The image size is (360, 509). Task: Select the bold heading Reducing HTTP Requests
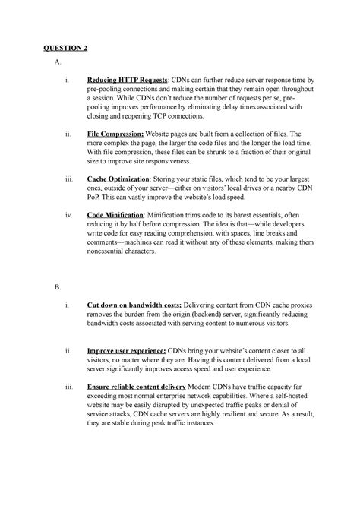pyautogui.click(x=128, y=79)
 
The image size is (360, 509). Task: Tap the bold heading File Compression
pyautogui.click(x=119, y=134)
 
